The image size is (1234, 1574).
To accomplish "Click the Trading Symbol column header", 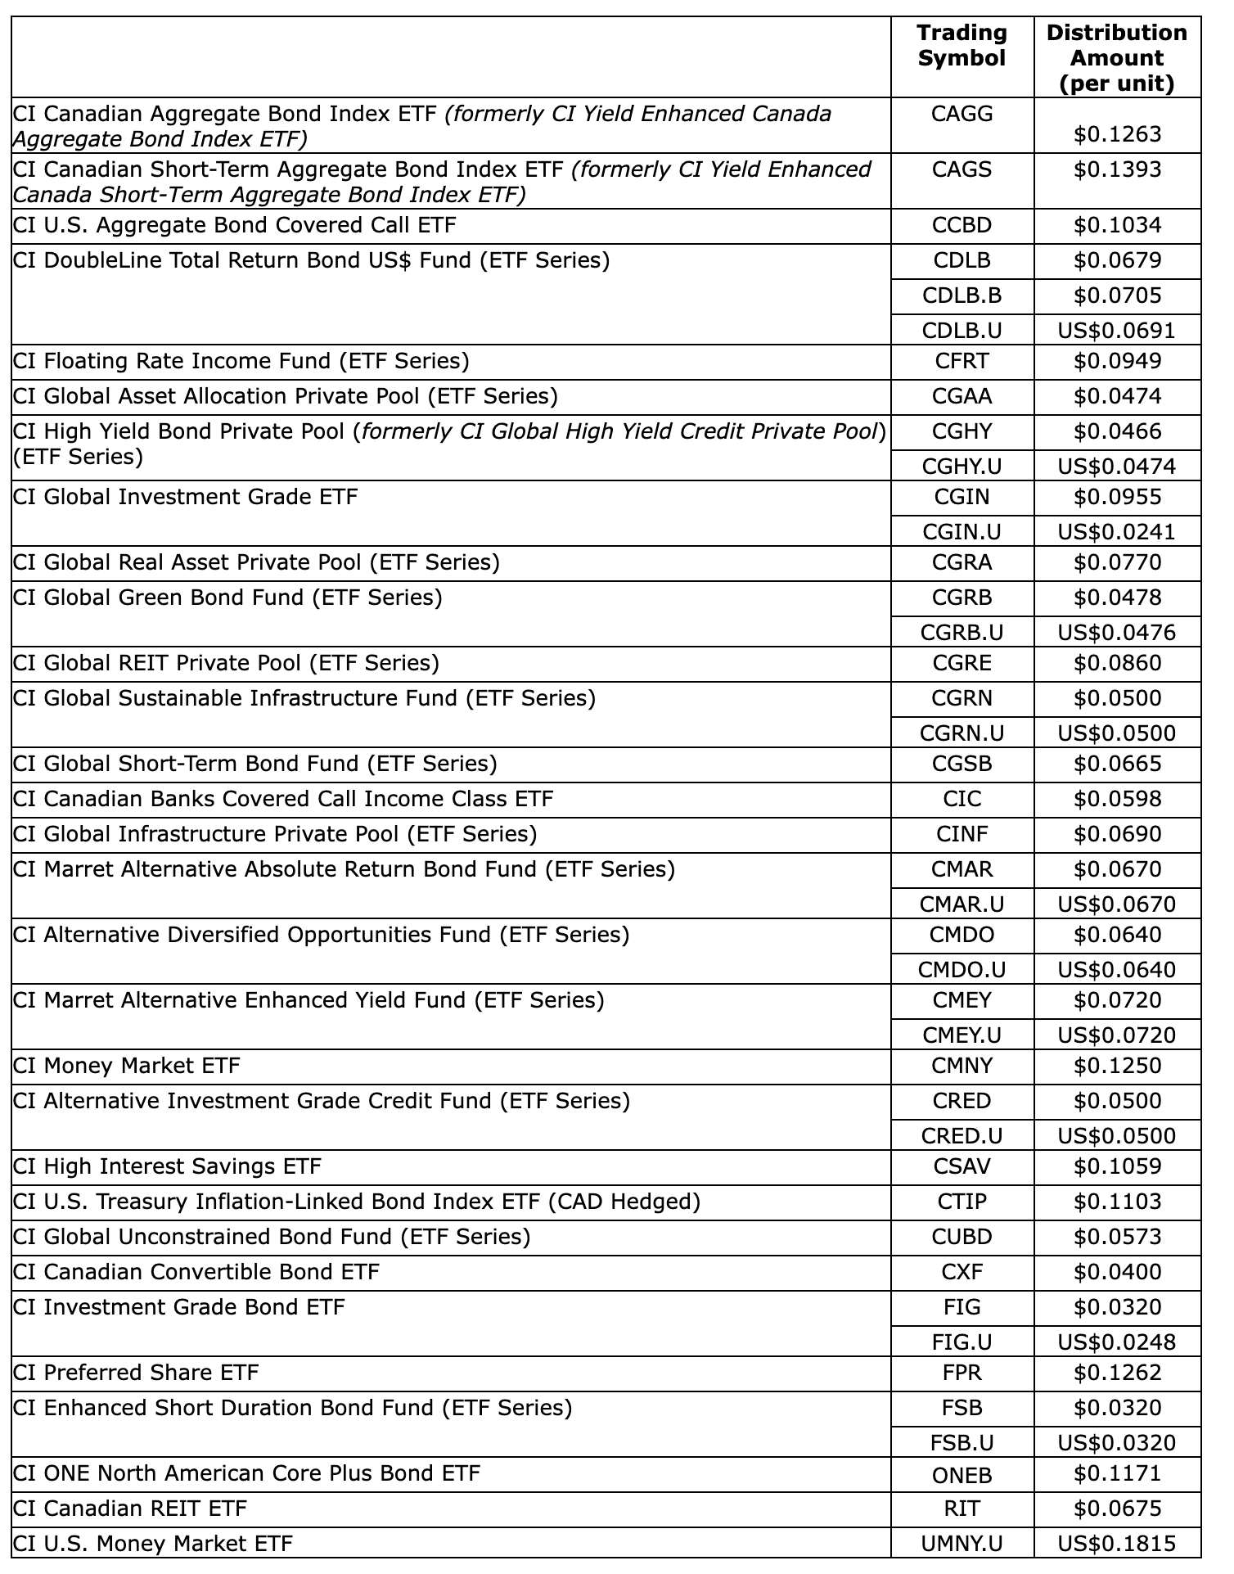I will pos(962,46).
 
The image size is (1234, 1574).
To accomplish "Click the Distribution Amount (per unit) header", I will pos(1116,58).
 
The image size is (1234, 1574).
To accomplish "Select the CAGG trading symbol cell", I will pos(962,114).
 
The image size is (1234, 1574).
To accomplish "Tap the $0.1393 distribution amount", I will pos(1117,169).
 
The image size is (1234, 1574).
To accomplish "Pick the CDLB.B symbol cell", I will pos(962,295).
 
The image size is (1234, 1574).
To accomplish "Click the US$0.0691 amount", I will pos(1116,331).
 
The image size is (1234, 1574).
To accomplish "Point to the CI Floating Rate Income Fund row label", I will pos(241,361).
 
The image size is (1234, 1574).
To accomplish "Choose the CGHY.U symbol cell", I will pos(962,467).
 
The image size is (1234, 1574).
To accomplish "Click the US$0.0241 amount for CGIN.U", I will pos(1116,532).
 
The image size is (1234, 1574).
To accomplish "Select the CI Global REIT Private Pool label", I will pos(227,663).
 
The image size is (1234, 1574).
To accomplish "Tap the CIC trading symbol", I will pos(962,799).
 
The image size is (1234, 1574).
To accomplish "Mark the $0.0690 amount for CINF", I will pos(1117,834).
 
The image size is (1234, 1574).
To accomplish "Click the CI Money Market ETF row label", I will pos(127,1066).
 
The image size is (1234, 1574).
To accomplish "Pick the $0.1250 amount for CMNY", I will pos(1117,1066).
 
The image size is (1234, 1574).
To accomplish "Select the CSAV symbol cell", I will pos(962,1166).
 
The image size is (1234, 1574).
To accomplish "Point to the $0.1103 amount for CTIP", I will pos(1117,1202).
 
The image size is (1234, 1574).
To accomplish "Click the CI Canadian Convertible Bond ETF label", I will pos(196,1272).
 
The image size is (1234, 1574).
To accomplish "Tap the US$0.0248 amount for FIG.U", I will pos(1116,1342).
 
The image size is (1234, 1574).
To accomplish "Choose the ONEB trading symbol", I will pos(962,1475).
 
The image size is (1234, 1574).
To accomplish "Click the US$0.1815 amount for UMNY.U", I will pos(1116,1545).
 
